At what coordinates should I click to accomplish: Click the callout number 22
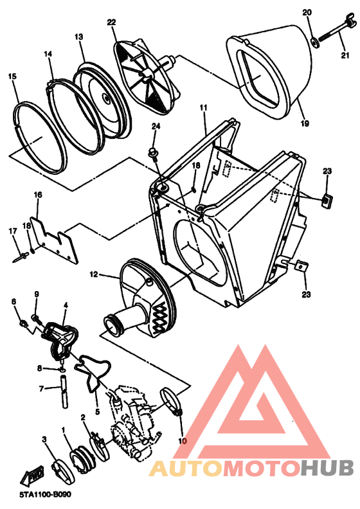pos(111,22)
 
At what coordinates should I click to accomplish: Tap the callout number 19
pos(305,123)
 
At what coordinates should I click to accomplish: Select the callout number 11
pos(203,108)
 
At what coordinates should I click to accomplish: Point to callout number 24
pos(156,126)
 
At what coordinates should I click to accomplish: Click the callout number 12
pos(93,274)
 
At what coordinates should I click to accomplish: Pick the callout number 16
pos(38,195)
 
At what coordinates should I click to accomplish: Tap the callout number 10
pos(183,441)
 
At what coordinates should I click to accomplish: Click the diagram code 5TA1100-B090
pos(45,495)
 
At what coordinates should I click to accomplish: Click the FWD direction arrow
pos(32,476)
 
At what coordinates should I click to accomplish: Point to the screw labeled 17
pos(21,258)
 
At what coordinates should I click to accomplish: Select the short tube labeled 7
pos(64,391)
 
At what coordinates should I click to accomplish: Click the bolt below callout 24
pos(153,154)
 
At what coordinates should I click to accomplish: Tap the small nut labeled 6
pos(23,323)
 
